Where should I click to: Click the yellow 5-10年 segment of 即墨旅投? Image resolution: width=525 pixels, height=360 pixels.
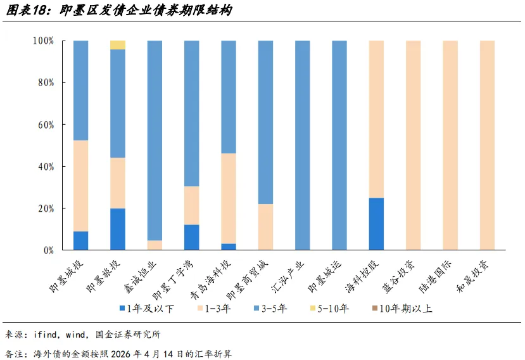coord(118,45)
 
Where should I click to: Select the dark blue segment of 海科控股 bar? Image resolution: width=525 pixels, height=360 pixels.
coord(376,224)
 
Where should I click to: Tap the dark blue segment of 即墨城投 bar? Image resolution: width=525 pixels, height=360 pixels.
coord(80,240)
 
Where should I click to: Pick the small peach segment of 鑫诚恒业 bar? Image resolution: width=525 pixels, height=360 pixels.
coord(155,245)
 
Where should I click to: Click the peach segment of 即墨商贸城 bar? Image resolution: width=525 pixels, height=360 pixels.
coord(265,227)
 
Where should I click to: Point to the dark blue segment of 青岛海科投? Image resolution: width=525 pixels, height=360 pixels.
coord(229,247)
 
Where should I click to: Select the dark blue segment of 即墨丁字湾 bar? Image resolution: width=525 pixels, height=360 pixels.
coord(191,237)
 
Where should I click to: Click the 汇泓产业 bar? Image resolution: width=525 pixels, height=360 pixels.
coord(302,145)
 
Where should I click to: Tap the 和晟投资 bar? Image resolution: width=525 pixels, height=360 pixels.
coord(487,145)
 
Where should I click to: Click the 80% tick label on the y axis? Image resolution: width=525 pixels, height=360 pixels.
coord(46,83)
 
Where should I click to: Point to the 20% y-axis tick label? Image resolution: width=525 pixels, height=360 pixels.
coord(46,209)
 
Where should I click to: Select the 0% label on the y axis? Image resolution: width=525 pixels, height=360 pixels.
coord(49,250)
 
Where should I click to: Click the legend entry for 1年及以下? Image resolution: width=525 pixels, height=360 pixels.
coord(147,308)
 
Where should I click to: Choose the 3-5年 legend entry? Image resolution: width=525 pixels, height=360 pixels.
coord(270,308)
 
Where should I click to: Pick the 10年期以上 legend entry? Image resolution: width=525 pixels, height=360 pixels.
coord(402,308)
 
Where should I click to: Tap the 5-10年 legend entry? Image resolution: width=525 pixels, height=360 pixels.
coord(329,308)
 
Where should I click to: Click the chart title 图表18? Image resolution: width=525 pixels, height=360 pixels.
coord(26,10)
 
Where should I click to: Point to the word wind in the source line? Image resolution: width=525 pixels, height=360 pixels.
coord(76,335)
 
